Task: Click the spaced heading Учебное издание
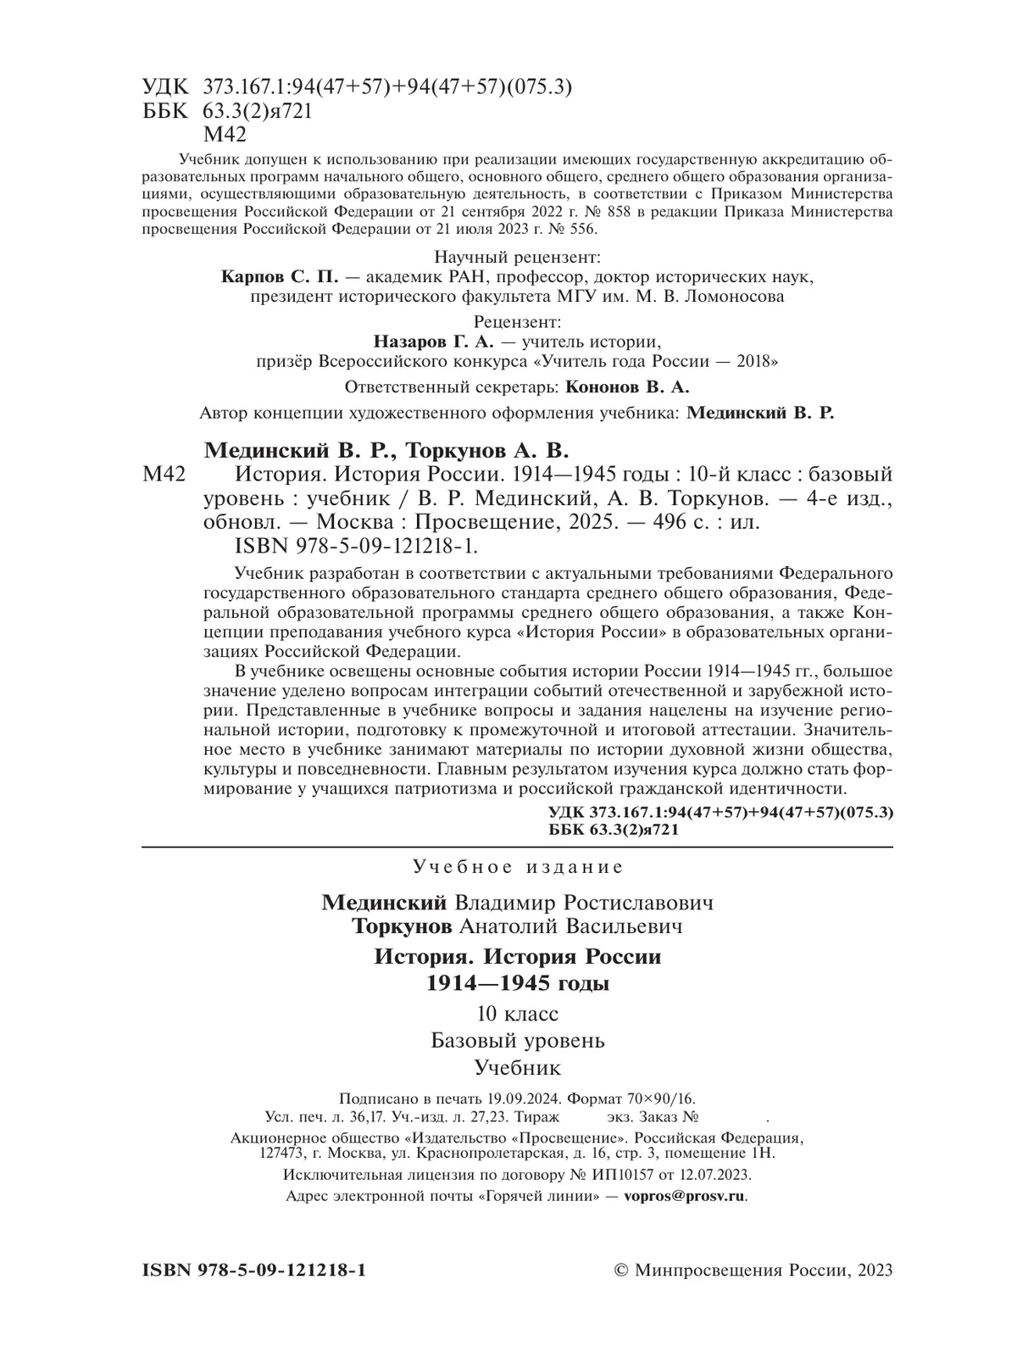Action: click(x=518, y=867)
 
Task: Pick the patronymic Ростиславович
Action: click(x=635, y=902)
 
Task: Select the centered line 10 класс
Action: click(x=517, y=1014)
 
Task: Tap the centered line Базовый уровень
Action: click(x=517, y=1040)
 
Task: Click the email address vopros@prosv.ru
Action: click(x=684, y=1197)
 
